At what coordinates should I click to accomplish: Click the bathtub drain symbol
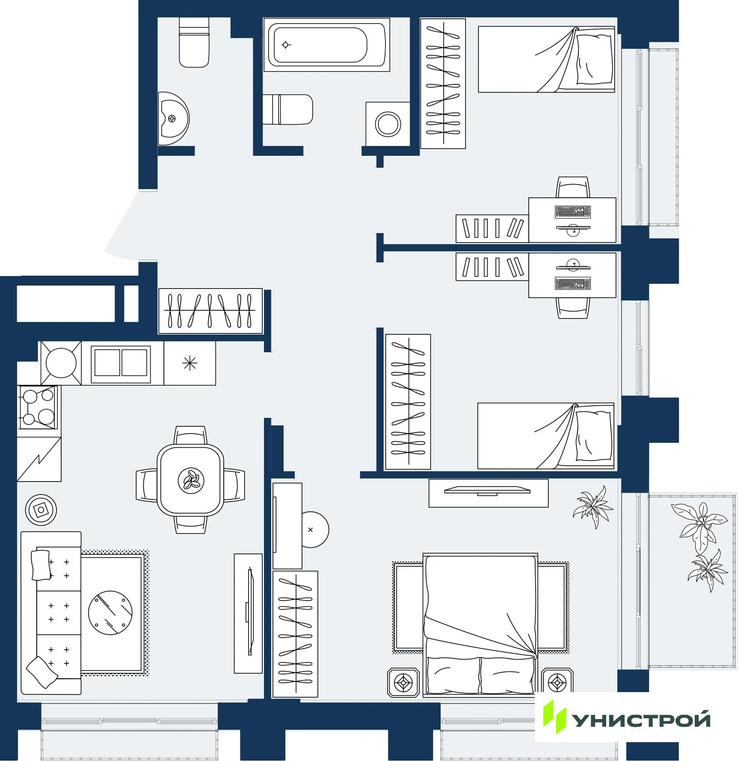coord(286,45)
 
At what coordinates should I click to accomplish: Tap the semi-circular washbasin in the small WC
coord(173,119)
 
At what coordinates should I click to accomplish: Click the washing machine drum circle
coord(388,124)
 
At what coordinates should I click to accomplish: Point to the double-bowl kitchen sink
coord(121,363)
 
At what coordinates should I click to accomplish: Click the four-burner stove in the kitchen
coord(38,407)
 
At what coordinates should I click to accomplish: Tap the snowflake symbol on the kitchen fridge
coord(190,363)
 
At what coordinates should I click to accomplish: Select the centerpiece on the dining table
coord(191,480)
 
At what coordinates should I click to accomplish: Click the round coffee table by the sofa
coord(110,612)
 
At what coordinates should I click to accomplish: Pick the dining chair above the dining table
coord(190,436)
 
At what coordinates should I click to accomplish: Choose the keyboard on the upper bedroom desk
coord(572,211)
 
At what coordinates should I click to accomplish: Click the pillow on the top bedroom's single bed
coord(595,59)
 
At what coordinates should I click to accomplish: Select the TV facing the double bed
coord(487,490)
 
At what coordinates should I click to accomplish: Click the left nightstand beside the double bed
coord(403,682)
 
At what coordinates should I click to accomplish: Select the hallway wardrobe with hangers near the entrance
coord(210,311)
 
